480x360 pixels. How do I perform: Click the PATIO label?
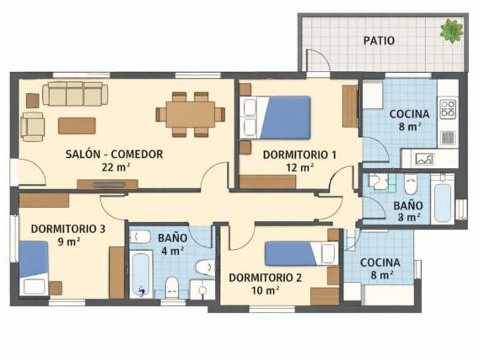coord(379,41)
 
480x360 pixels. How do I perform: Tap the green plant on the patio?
coord(451,30)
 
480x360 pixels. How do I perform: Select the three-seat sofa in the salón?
coord(75,94)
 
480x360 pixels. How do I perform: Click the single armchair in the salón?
coord(33,127)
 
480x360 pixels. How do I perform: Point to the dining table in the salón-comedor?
coord(190,114)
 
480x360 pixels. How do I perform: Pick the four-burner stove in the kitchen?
coord(448,109)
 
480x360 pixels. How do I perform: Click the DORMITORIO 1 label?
coord(299,155)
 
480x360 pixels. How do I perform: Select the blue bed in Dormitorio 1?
coord(285,118)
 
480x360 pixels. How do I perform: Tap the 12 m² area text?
coord(299,167)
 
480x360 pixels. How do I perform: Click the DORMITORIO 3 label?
coord(68,229)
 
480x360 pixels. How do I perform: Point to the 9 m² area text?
coord(69,242)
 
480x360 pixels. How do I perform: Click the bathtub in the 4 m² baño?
coord(141,274)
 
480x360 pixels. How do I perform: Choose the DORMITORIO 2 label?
coord(265,278)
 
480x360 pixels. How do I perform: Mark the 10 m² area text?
coord(265,290)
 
